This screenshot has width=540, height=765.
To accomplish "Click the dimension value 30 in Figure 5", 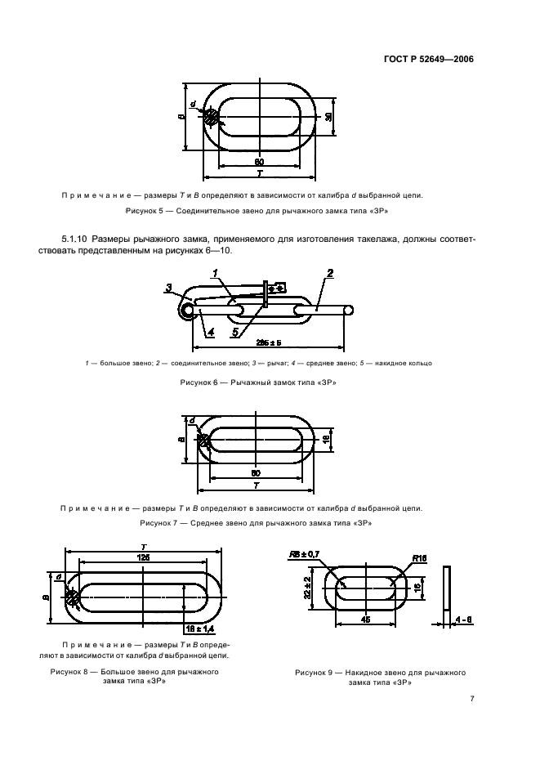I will pyautogui.click(x=328, y=118).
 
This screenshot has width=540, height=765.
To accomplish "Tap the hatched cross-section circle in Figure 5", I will pyautogui.click(x=212, y=118).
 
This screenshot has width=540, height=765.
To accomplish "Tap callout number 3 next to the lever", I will pyautogui.click(x=167, y=287).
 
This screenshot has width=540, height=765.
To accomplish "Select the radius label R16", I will pyautogui.click(x=420, y=558).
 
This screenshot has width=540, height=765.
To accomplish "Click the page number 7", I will pyautogui.click(x=472, y=699).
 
